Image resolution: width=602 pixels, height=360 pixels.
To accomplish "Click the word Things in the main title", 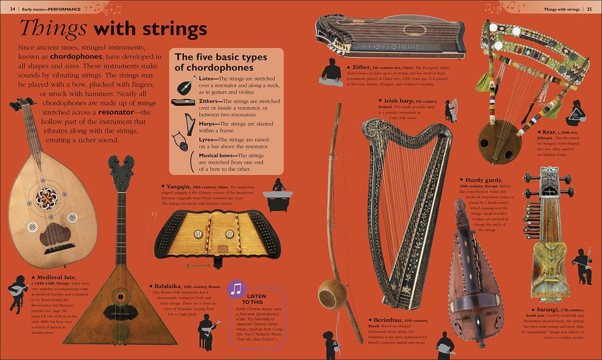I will click(x=52, y=28).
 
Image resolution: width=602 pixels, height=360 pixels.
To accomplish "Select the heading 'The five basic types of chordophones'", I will click(x=221, y=62).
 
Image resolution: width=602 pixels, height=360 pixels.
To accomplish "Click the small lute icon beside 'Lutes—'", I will click(x=186, y=85).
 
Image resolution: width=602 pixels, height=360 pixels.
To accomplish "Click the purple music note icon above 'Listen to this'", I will click(x=236, y=289).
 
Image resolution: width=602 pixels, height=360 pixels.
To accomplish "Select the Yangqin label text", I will click(x=180, y=186).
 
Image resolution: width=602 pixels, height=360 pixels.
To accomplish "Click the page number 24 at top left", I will click(x=12, y=9).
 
